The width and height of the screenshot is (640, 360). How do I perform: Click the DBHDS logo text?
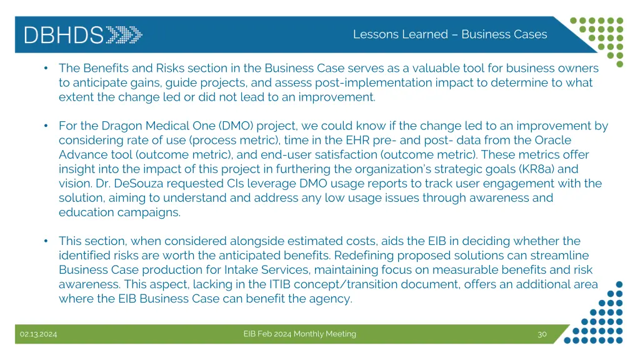[x=63, y=34]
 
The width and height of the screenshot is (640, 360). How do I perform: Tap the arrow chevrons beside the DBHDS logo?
[x=124, y=34]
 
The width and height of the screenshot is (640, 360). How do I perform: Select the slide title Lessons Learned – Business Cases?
[x=449, y=34]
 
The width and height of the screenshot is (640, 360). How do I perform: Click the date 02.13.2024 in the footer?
[x=38, y=334]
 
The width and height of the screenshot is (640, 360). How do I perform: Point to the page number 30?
[x=542, y=334]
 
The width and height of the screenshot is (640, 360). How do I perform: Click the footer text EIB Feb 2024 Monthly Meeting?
[x=299, y=334]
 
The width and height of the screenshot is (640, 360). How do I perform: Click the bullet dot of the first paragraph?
[x=47, y=68]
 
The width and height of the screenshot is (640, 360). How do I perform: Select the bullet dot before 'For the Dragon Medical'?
[x=47, y=126]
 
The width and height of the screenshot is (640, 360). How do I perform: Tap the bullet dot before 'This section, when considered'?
[x=47, y=241]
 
